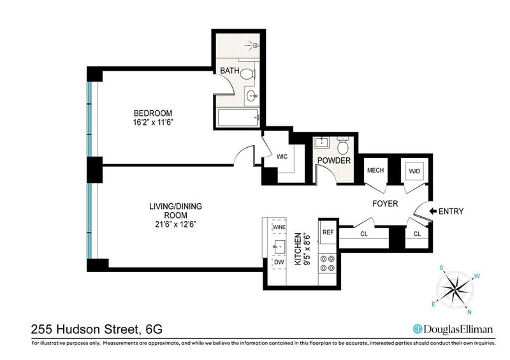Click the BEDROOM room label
(153, 113)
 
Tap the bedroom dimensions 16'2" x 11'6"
(153, 122)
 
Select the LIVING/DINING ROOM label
(176, 210)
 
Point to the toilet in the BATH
(248, 73)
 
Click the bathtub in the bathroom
(238, 118)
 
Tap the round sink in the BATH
(252, 96)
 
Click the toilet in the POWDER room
(343, 146)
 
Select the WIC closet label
(282, 157)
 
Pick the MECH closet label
(375, 170)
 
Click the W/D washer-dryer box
(414, 171)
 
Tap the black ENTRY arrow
(433, 212)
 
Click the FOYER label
(385, 204)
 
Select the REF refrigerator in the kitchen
(328, 232)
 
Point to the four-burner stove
(328, 263)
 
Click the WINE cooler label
(279, 227)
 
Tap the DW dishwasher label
(279, 262)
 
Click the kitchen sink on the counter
(279, 247)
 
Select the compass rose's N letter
(469, 312)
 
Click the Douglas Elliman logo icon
(418, 329)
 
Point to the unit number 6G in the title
(154, 329)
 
